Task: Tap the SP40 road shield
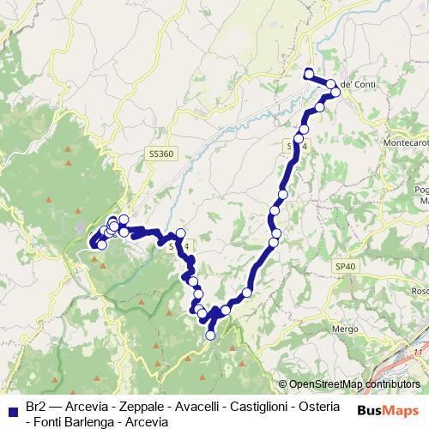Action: click(345, 268)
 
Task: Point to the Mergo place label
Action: click(347, 329)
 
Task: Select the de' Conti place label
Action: click(358, 84)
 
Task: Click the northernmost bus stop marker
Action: click(309, 72)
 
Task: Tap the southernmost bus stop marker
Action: click(210, 336)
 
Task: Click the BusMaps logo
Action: click(387, 411)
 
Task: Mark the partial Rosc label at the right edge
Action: click(420, 291)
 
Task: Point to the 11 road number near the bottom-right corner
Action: click(419, 352)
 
